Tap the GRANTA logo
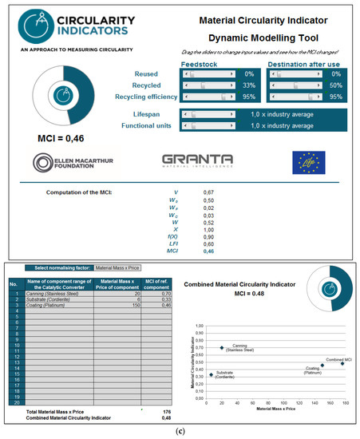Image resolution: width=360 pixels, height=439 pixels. [197, 163]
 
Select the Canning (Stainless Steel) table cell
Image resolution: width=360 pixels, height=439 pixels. [58, 293]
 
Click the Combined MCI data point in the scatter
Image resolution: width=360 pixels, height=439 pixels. [342, 363]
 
